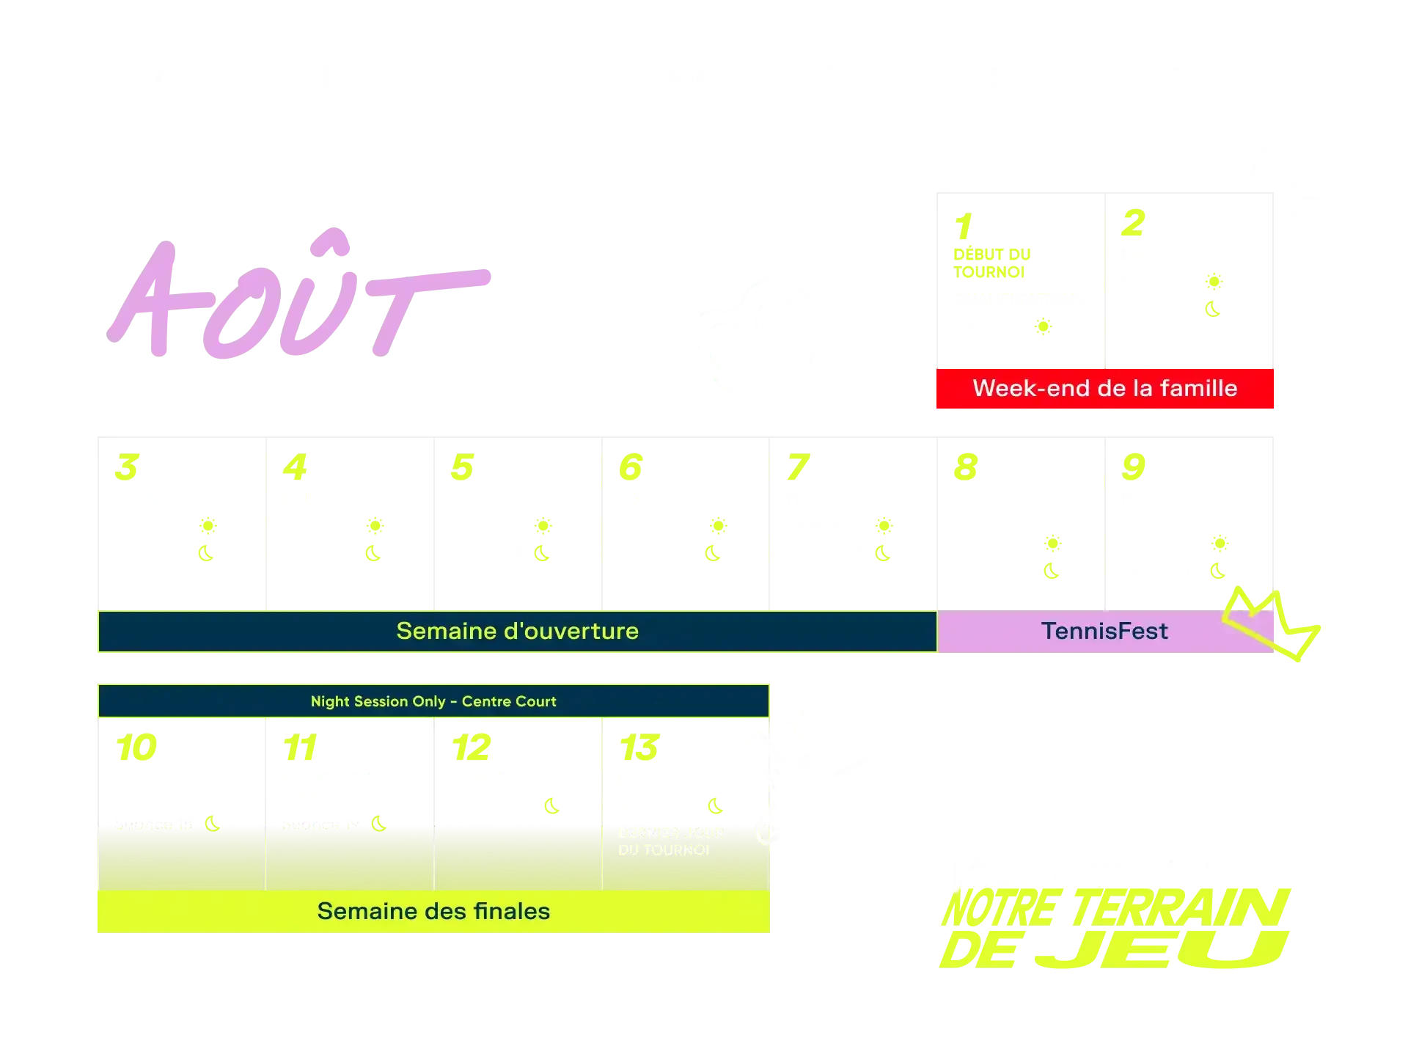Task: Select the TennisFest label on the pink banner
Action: (1104, 631)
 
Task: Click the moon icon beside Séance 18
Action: (213, 824)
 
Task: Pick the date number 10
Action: (136, 748)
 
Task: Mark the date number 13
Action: (639, 748)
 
